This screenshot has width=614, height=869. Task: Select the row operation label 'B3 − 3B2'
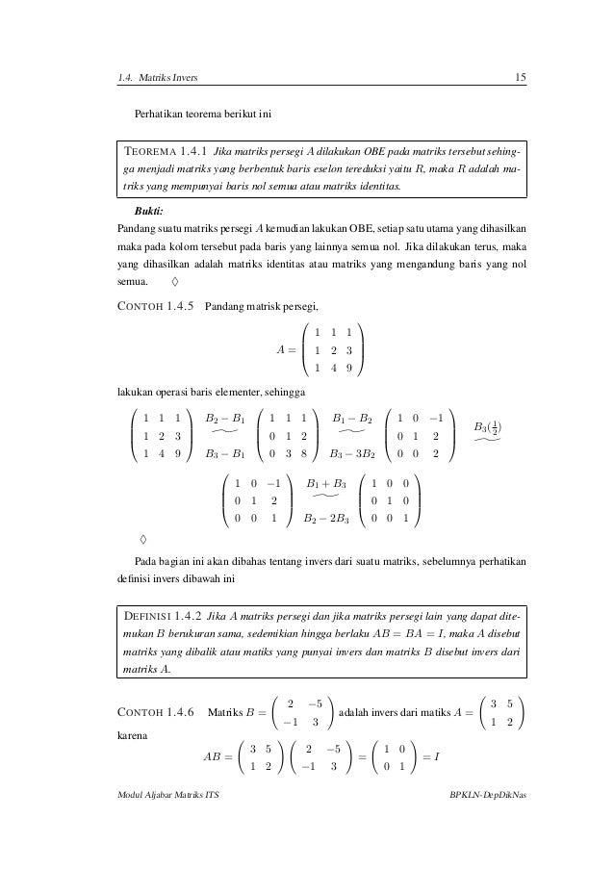click(x=351, y=452)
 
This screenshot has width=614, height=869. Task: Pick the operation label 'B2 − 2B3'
click(x=324, y=520)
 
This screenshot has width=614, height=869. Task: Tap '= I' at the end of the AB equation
click(x=429, y=757)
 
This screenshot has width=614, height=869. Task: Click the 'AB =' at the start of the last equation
click(x=218, y=757)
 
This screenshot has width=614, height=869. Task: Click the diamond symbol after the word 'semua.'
click(x=173, y=283)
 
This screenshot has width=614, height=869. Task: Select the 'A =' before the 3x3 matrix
click(x=287, y=348)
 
